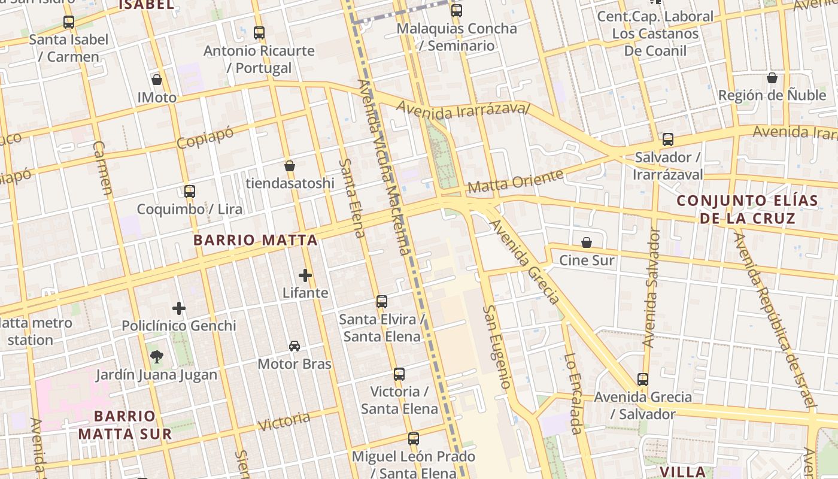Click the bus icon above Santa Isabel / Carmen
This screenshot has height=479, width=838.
pyautogui.click(x=69, y=22)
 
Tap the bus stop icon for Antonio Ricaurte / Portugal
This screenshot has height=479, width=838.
pyautogui.click(x=259, y=33)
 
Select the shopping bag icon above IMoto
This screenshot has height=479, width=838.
pyautogui.click(x=157, y=80)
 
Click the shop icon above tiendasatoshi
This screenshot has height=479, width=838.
pyautogui.click(x=290, y=166)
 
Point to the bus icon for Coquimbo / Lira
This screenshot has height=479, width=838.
pyautogui.click(x=190, y=192)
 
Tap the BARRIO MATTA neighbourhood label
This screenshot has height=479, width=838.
pyautogui.click(x=255, y=240)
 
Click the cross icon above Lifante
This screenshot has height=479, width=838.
pyautogui.click(x=305, y=275)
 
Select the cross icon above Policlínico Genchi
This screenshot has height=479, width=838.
pyautogui.click(x=178, y=308)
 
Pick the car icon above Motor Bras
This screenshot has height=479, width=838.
pyautogui.click(x=294, y=346)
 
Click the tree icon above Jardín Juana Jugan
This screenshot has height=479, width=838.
pyautogui.click(x=157, y=357)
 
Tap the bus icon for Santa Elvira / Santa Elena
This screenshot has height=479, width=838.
pyautogui.click(x=382, y=302)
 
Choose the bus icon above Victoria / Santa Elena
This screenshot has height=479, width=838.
pyautogui.click(x=399, y=374)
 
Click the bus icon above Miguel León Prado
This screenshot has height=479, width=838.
pyautogui.click(x=414, y=439)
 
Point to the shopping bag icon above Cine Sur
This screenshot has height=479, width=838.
pyautogui.click(x=587, y=242)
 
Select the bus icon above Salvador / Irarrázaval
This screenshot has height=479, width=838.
pyautogui.click(x=668, y=140)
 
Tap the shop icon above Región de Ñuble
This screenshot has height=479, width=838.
pyautogui.click(x=772, y=78)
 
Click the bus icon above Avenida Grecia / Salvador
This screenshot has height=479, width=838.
pyautogui.click(x=643, y=379)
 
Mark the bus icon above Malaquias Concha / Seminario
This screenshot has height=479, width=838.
pyautogui.click(x=457, y=10)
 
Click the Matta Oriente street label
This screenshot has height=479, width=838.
pyautogui.click(x=515, y=181)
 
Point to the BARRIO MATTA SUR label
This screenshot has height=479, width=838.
pyautogui.click(x=125, y=425)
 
